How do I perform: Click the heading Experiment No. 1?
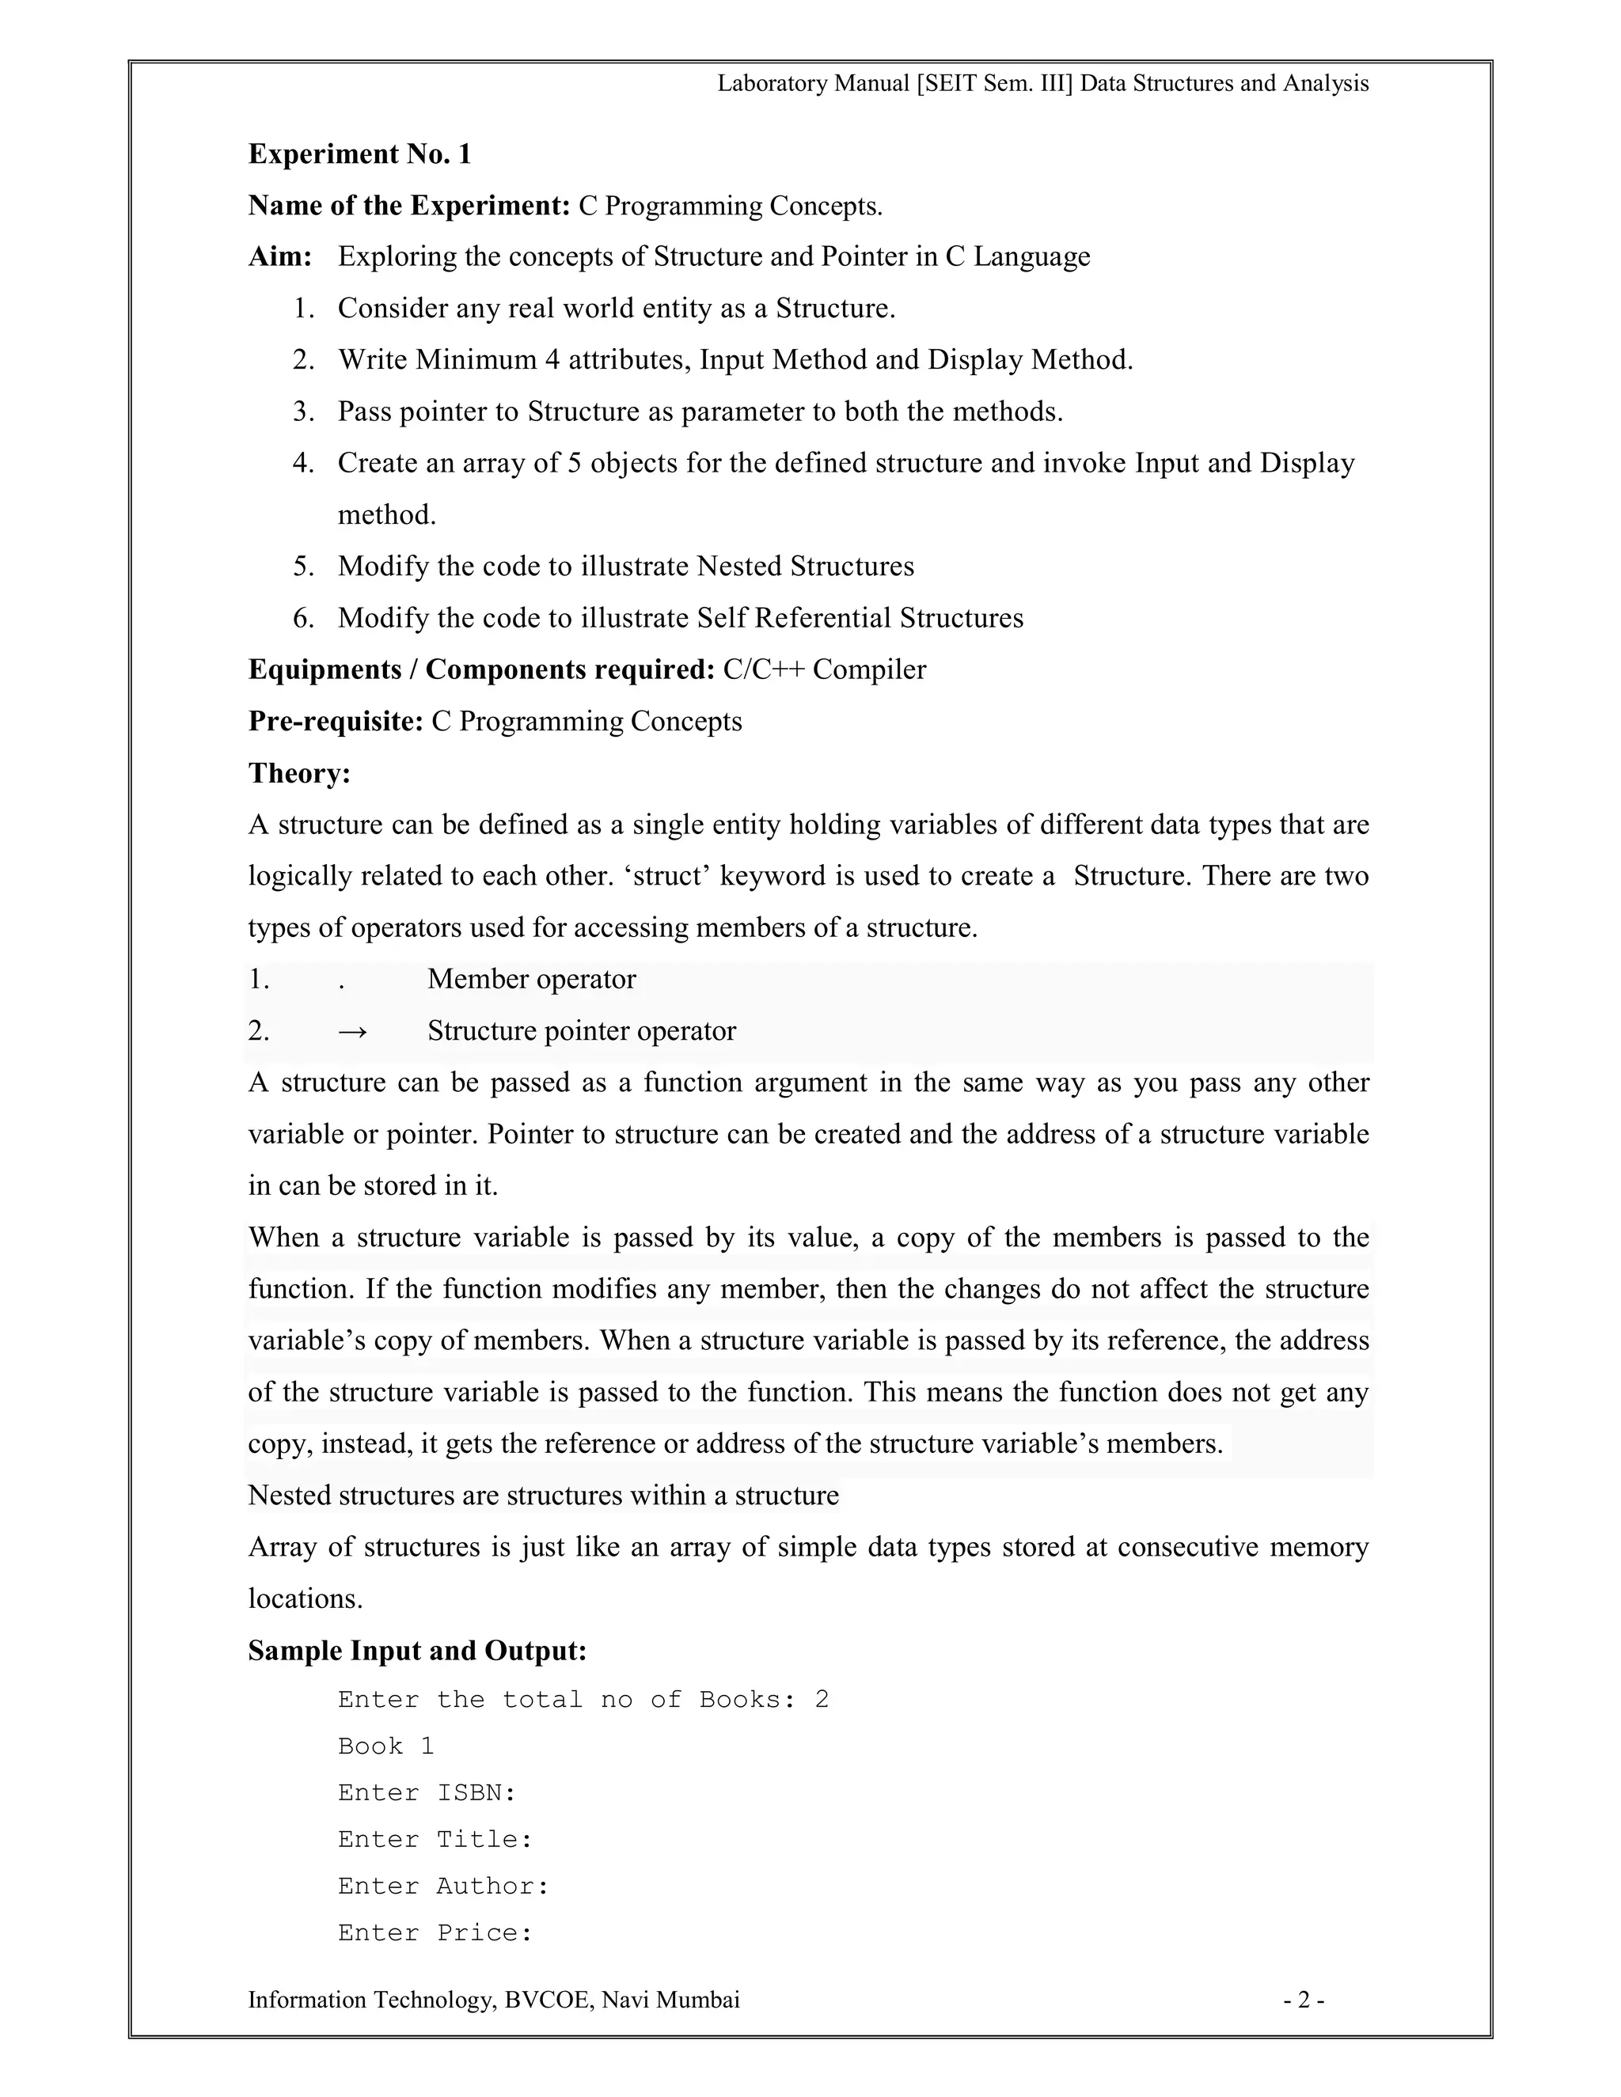click(x=359, y=154)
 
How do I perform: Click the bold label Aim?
click(x=280, y=256)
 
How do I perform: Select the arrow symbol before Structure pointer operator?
click(x=352, y=1031)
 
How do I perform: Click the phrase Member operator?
click(x=531, y=980)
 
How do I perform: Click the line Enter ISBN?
click(x=427, y=1792)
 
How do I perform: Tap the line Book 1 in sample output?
click(x=386, y=1746)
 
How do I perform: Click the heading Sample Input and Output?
click(x=417, y=1651)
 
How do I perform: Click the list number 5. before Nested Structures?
click(x=303, y=567)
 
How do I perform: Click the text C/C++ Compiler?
click(x=824, y=669)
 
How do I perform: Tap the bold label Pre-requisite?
click(x=335, y=721)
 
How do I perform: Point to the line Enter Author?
click(x=442, y=1886)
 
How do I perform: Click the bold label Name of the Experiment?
click(x=409, y=206)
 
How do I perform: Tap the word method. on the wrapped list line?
click(x=386, y=516)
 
